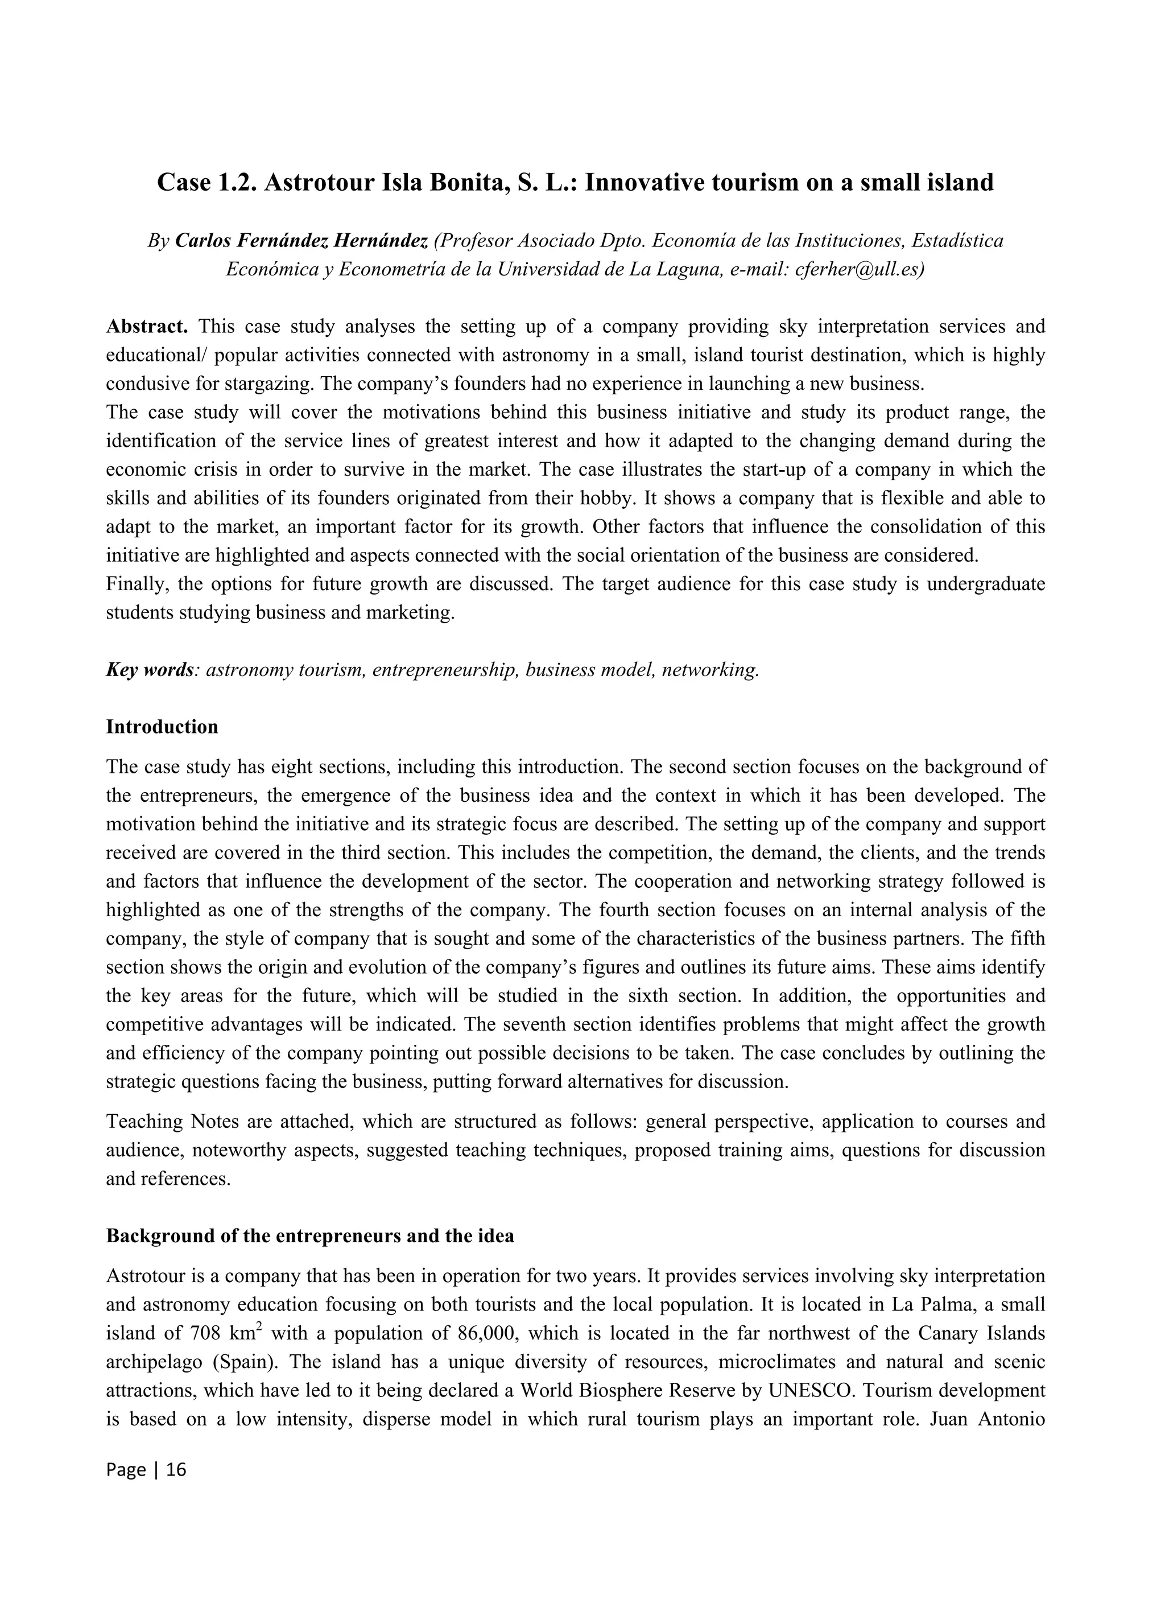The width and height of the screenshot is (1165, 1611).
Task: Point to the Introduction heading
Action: tap(162, 727)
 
